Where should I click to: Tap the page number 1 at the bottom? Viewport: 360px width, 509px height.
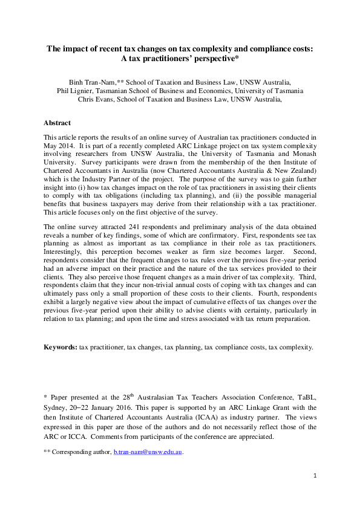coord(315,475)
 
